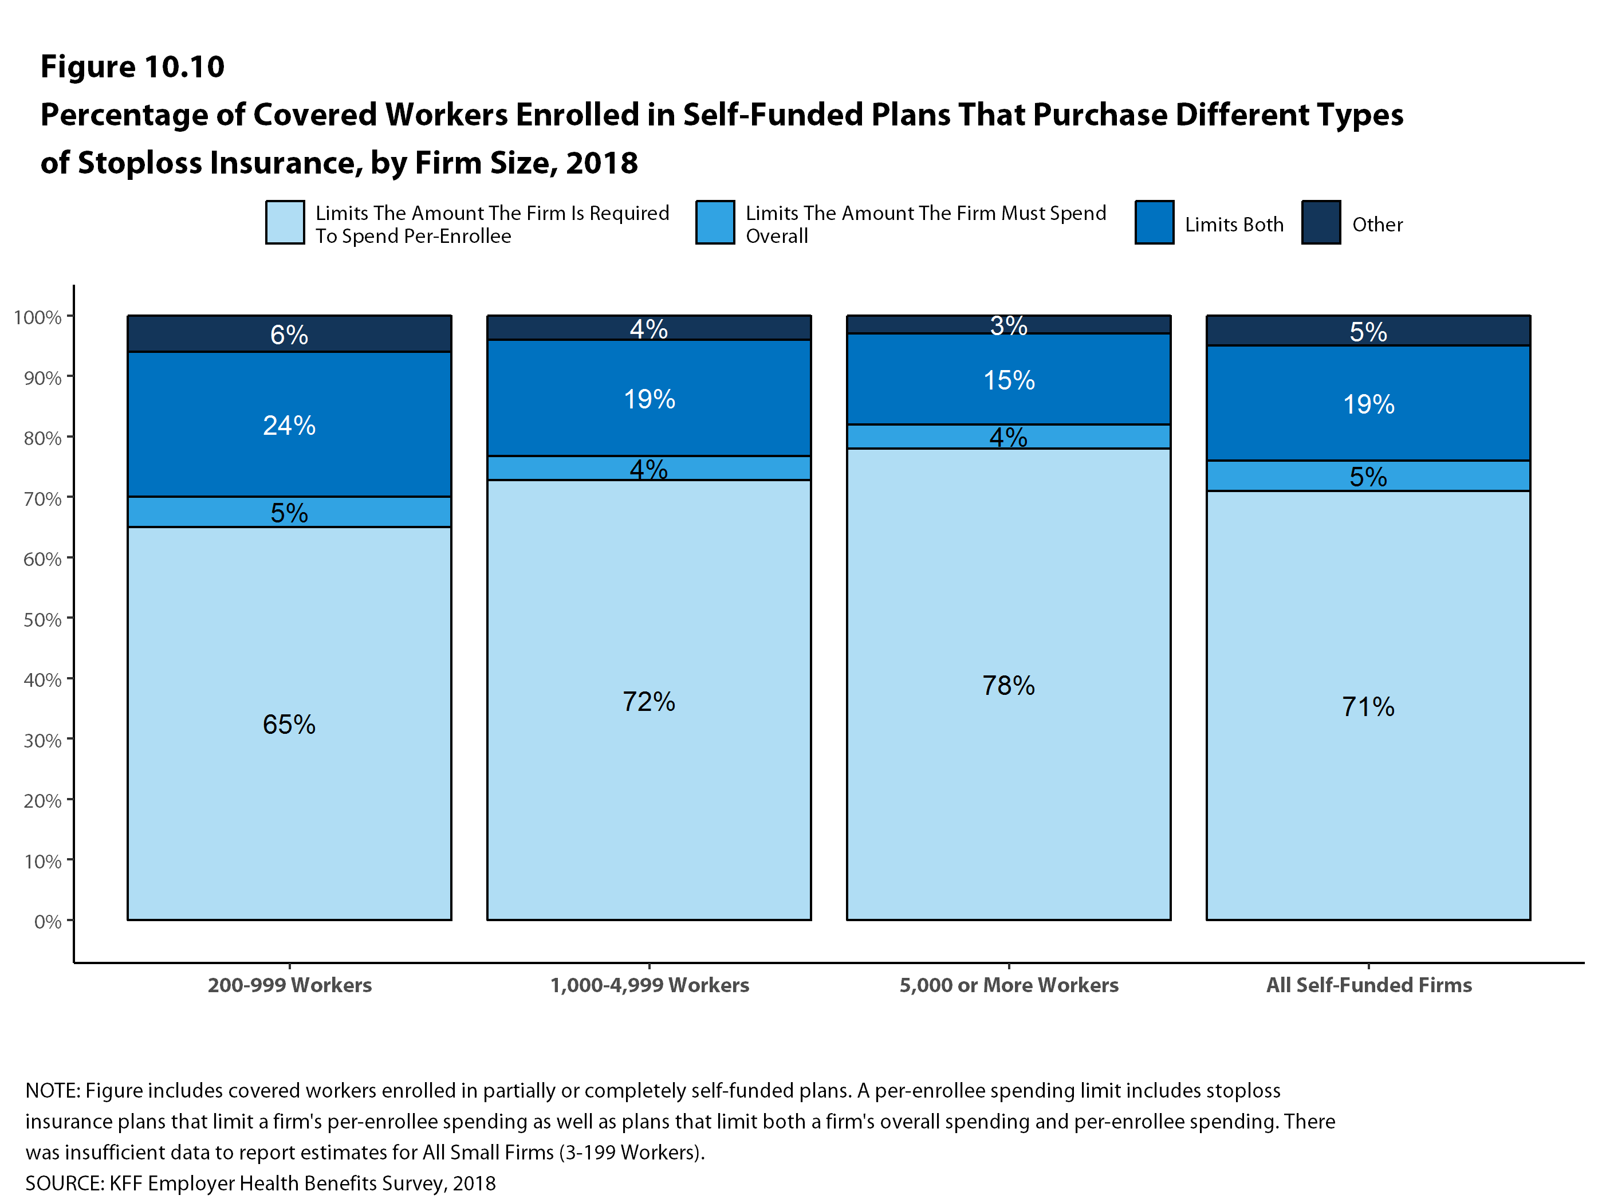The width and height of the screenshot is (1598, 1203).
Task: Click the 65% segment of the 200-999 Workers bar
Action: pos(289,724)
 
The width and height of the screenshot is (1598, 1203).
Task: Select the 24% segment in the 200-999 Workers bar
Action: pos(289,425)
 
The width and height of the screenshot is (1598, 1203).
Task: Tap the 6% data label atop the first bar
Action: pos(289,335)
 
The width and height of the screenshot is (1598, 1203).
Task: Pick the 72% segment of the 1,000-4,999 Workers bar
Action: pos(649,701)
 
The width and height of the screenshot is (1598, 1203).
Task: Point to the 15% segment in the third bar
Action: pos(1009,379)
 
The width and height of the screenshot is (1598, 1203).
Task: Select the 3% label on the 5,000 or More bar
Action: pos(1009,325)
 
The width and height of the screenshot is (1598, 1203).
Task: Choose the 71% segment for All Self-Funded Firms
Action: pos(1368,706)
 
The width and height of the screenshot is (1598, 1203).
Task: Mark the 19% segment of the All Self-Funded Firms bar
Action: pos(1368,404)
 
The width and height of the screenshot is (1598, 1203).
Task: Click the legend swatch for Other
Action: pos(1321,222)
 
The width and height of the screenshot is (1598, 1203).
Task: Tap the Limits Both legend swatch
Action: pos(1154,222)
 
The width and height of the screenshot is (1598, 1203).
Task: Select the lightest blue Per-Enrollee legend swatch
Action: pos(285,222)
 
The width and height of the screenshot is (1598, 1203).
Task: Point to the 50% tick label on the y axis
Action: pos(42,619)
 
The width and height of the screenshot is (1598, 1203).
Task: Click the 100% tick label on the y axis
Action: pos(38,317)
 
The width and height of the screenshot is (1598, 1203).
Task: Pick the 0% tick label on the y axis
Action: pos(48,921)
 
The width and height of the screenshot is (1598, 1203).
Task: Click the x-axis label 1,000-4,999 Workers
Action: pos(649,985)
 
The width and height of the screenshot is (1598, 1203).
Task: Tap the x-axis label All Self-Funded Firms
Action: pos(1368,985)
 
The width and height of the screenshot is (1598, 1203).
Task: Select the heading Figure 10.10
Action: pos(132,66)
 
